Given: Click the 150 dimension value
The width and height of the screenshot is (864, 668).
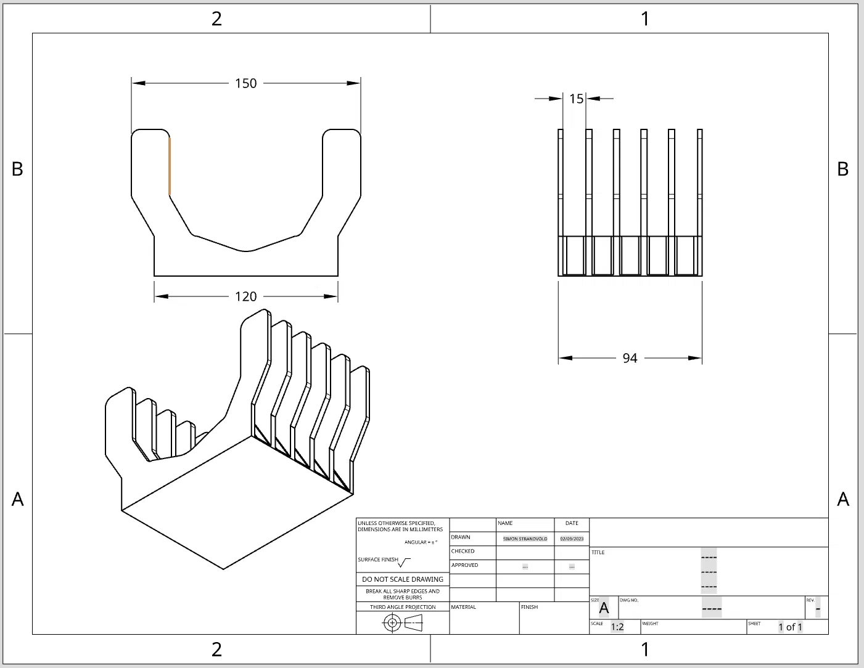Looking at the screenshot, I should tap(245, 83).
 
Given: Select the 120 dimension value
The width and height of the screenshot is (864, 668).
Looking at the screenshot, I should tap(245, 296).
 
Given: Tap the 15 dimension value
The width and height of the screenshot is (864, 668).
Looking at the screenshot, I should tap(576, 99).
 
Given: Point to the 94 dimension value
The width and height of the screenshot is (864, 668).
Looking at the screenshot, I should tap(630, 358).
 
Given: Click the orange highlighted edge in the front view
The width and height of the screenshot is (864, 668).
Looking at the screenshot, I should tap(170, 165).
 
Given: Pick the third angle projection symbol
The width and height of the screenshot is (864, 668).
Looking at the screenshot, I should tap(402, 623).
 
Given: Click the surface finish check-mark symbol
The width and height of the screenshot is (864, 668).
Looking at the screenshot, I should tap(404, 563).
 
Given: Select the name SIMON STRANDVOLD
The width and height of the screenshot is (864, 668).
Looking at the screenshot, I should tap(525, 539).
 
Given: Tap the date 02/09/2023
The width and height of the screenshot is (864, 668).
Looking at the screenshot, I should tap(572, 539).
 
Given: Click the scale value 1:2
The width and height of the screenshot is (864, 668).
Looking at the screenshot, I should tap(617, 627).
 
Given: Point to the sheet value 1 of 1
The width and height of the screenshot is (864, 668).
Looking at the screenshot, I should tap(790, 627).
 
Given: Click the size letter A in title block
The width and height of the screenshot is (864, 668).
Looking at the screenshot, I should tap(604, 609).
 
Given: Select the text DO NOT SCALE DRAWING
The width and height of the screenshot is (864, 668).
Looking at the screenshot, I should tap(403, 579).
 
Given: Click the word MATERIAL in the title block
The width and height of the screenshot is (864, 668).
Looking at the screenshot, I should tap(463, 607).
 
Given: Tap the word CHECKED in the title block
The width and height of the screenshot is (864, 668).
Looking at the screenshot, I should tap(463, 551).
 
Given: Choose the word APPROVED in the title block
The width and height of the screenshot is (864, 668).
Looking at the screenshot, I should tap(464, 565).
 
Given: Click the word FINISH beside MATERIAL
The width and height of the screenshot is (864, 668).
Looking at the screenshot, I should tap(529, 607).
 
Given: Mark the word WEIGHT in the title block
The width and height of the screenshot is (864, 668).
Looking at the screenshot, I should tap(650, 624).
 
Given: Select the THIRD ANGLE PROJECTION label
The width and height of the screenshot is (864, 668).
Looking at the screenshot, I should tap(403, 607).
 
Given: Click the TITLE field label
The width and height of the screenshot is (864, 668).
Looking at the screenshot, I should tap(598, 552).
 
